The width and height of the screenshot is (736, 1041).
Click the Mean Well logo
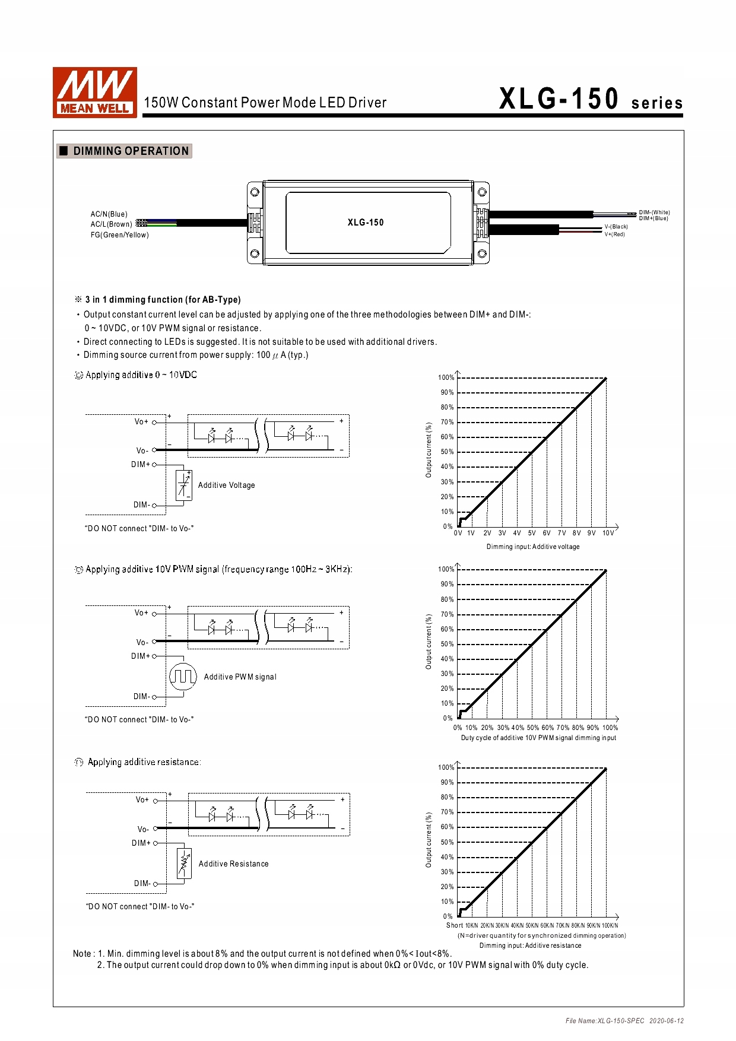(95, 92)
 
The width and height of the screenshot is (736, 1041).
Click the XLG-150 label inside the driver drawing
(366, 223)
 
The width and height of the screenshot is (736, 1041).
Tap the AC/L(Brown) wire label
(111, 224)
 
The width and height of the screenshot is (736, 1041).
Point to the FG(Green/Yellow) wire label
(119, 235)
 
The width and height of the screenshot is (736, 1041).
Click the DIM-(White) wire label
(654, 212)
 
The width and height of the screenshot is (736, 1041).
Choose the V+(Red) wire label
(614, 234)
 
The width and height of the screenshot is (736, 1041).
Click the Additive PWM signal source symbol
(183, 676)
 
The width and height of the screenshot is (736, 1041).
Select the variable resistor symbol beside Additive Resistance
(185, 864)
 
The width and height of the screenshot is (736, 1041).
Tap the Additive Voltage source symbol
(184, 485)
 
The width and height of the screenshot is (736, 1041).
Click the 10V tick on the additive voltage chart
(608, 533)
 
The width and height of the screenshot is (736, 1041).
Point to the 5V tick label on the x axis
(532, 533)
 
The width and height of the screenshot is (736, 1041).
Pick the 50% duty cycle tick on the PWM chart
(533, 728)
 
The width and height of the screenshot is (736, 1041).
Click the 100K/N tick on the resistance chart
(610, 925)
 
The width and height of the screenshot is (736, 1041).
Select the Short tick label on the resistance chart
(455, 925)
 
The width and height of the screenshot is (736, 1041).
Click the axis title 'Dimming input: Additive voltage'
(533, 547)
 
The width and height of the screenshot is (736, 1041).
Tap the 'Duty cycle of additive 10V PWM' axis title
(538, 738)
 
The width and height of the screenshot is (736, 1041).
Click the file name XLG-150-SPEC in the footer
(605, 1021)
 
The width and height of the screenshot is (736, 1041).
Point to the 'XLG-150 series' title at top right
(591, 99)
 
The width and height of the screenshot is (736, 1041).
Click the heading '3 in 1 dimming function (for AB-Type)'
(163, 300)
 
